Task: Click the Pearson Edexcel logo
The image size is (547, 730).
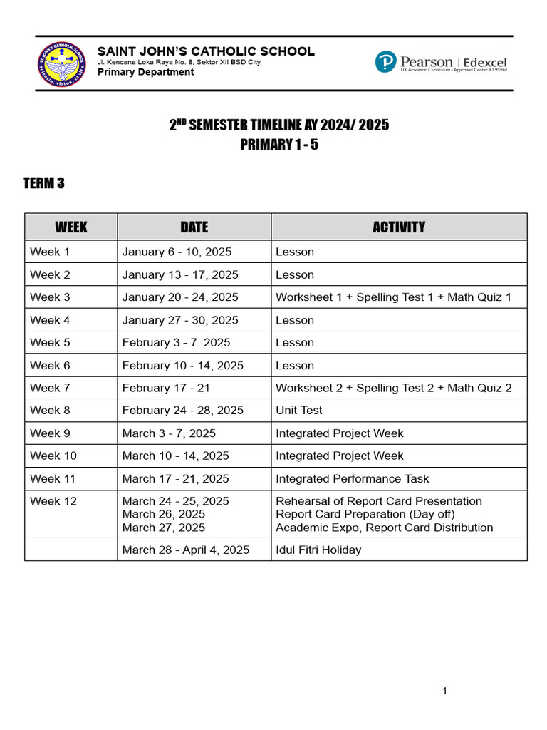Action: click(441, 62)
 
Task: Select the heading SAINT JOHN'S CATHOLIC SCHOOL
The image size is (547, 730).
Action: click(205, 51)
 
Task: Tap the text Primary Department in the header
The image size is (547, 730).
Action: click(145, 72)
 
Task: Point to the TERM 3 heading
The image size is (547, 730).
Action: click(44, 184)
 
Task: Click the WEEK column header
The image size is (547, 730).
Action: click(71, 227)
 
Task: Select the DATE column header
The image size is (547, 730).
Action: click(194, 227)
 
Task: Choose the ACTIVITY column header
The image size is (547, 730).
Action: click(398, 227)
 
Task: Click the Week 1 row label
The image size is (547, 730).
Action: click(50, 252)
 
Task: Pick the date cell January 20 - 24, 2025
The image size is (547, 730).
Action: click(180, 297)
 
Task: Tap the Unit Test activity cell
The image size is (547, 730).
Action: click(299, 411)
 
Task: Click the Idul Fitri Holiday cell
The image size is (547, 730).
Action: click(318, 550)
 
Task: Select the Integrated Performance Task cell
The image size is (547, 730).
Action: click(353, 479)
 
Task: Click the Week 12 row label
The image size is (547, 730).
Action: click(53, 501)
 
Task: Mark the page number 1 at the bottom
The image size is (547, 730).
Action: click(444, 691)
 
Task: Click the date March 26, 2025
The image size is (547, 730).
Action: click(164, 514)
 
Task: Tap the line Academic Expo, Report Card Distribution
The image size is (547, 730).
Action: click(384, 528)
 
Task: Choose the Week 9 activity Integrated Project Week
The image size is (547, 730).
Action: click(339, 433)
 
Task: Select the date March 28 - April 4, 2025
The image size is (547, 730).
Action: click(186, 550)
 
